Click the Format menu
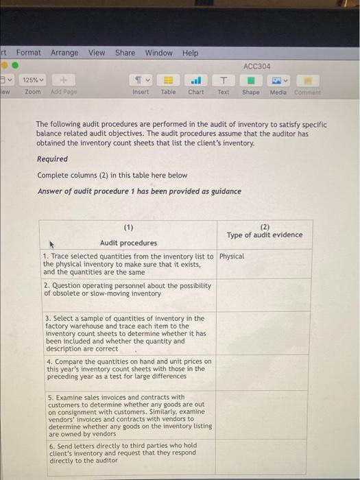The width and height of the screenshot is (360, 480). coord(29,53)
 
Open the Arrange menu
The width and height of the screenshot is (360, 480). coord(64,53)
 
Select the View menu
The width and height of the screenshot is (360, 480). coord(97,53)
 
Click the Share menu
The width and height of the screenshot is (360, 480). coord(125,53)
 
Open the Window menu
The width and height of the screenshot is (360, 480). coord(158,53)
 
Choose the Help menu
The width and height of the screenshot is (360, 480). coord(190,53)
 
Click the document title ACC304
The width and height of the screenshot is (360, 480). coord(257,66)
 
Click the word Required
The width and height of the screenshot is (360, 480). coord(52,159)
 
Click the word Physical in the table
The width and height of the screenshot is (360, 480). coord(232,256)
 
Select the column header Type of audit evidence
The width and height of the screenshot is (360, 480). coord(265,235)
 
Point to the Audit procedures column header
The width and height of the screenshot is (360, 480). coord(128,243)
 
